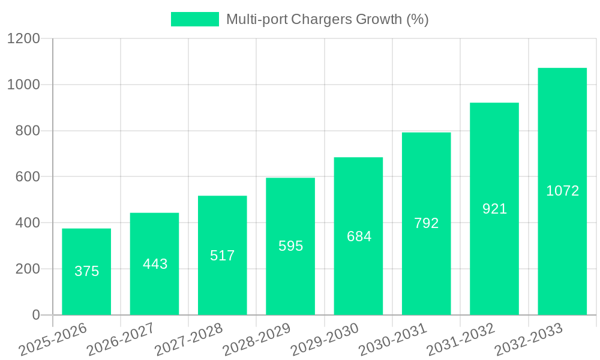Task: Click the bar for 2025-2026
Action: (86, 294)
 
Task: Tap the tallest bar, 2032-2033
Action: (562, 252)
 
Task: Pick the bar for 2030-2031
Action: (426, 270)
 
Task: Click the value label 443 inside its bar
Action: (155, 264)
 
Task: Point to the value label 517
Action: (223, 256)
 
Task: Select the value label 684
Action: (359, 236)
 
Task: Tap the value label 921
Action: (494, 209)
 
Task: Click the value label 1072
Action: (562, 191)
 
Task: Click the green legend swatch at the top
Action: (195, 19)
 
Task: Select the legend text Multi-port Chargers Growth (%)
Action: (327, 19)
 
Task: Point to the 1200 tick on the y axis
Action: (23, 39)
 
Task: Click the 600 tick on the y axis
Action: (28, 177)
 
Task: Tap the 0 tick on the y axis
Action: (35, 315)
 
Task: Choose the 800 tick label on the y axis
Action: (28, 131)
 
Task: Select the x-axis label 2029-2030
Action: (325, 340)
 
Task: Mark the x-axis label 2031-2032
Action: (461, 340)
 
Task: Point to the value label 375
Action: (86, 271)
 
